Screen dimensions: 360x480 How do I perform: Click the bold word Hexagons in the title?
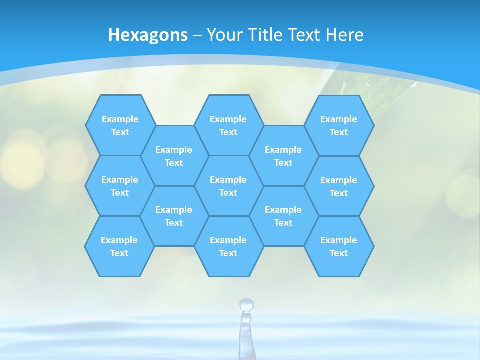pyautogui.click(x=148, y=35)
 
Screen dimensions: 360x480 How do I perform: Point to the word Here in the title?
pyautogui.click(x=345, y=35)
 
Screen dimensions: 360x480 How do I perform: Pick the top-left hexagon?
pyautogui.click(x=120, y=125)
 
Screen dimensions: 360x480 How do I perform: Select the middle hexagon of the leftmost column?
pyautogui.click(x=120, y=186)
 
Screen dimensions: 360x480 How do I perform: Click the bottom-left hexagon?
pyautogui.click(x=119, y=246)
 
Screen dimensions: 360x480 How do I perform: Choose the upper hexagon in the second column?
pyautogui.click(x=174, y=156)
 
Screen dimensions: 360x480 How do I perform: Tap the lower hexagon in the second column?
pyautogui.click(x=174, y=216)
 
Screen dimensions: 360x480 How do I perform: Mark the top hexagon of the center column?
pyautogui.click(x=228, y=125)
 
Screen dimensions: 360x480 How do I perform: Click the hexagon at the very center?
pyautogui.click(x=228, y=186)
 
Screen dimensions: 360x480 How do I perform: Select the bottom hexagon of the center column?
pyautogui.click(x=228, y=246)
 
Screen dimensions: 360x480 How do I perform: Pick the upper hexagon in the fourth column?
pyautogui.click(x=283, y=156)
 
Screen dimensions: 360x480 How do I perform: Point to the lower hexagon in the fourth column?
pyautogui.click(x=283, y=216)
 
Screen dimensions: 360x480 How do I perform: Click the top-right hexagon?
pyautogui.click(x=339, y=125)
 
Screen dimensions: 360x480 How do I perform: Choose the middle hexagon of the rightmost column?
pyautogui.click(x=339, y=186)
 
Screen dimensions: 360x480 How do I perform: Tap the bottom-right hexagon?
pyautogui.click(x=339, y=246)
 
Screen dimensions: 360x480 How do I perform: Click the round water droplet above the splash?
pyautogui.click(x=246, y=304)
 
